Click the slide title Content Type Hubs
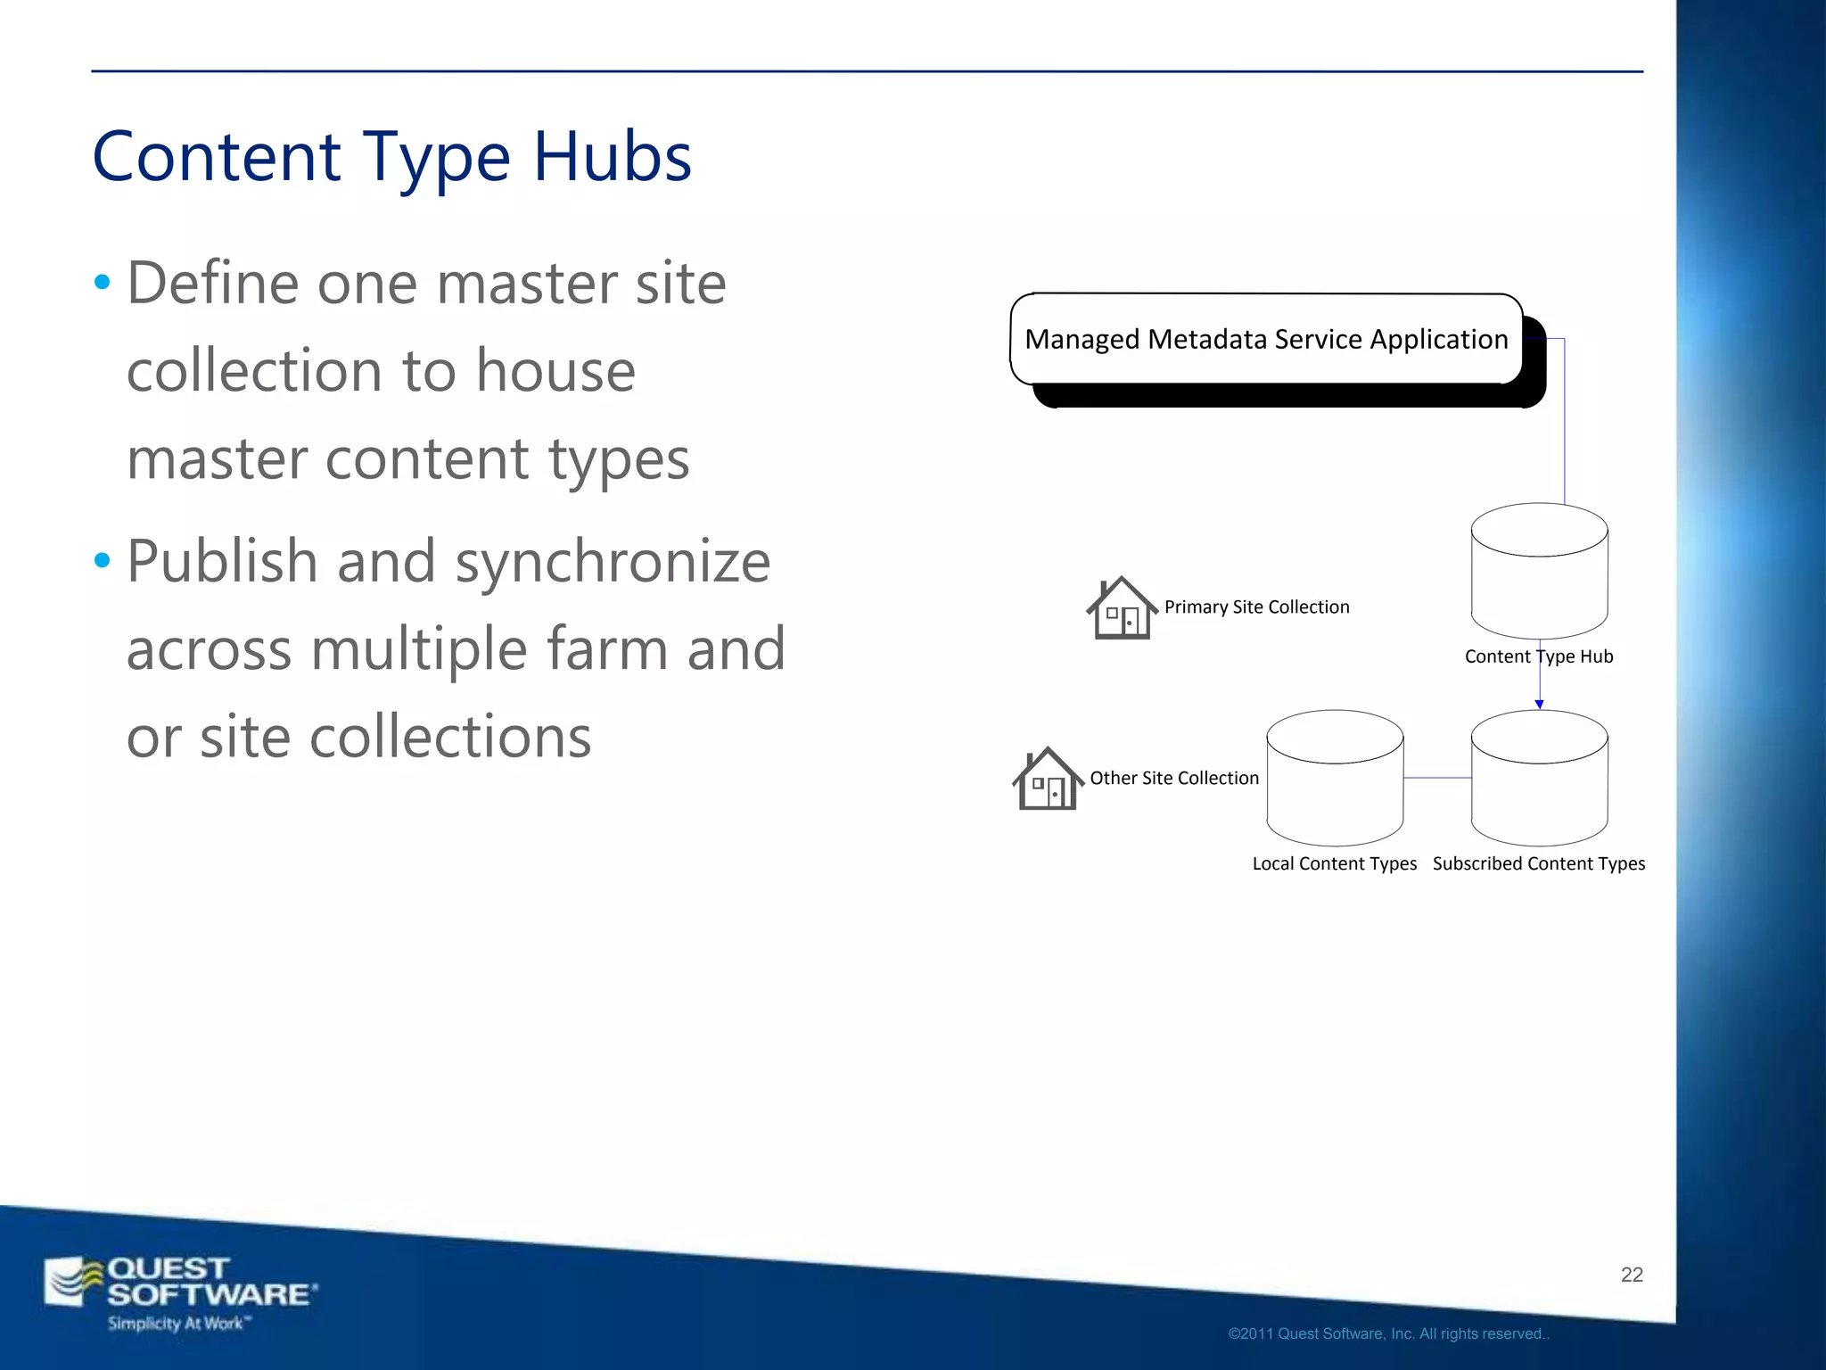[392, 157]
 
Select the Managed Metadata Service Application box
[1266, 340]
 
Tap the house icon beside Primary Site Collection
[1121, 608]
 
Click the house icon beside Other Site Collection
[1047, 779]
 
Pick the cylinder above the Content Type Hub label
[1539, 571]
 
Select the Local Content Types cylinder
[1335, 778]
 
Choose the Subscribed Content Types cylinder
[1539, 778]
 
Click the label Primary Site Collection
[1256, 607]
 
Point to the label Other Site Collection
[1174, 779]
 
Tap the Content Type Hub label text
[1539, 657]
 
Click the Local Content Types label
[1334, 864]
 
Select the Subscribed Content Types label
[1539, 864]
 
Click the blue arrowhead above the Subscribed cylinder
[1539, 705]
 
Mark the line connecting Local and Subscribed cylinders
[1437, 778]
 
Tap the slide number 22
[1632, 1275]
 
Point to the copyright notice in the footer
[1388, 1334]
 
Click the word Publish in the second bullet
[222, 563]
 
